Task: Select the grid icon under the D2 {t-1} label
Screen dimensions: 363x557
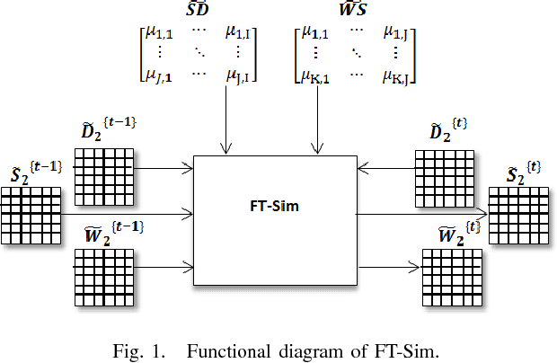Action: [103, 169]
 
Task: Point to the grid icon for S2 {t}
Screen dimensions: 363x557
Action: [518, 216]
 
